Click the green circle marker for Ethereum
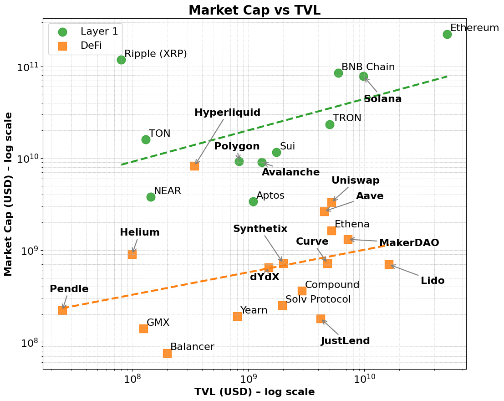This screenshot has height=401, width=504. click(447, 34)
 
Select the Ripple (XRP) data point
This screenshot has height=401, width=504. click(121, 60)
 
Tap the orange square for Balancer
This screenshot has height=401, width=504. click(167, 353)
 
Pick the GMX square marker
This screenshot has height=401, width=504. click(143, 329)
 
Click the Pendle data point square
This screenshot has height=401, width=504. click(62, 310)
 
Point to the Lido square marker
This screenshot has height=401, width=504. click(389, 264)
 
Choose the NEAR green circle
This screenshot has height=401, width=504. click(151, 197)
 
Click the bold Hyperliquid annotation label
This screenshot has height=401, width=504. click(227, 113)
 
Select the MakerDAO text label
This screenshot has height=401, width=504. click(409, 243)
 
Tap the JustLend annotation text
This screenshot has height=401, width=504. click(345, 341)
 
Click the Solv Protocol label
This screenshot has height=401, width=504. click(318, 299)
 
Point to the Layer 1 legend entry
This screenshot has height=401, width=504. click(99, 31)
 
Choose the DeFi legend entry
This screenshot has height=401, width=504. click(91, 46)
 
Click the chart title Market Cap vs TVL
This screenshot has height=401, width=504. click(255, 10)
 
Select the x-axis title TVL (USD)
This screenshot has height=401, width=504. click(255, 392)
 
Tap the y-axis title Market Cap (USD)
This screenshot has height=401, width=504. click(9, 194)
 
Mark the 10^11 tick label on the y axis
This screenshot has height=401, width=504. click(28, 67)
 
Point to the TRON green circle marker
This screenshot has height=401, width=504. click(330, 124)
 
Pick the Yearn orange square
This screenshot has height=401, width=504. click(237, 316)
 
